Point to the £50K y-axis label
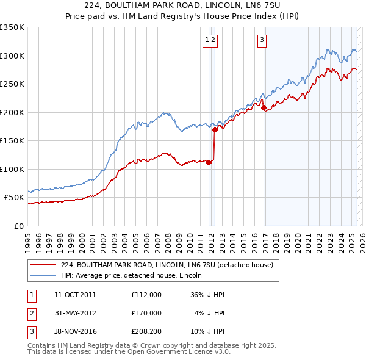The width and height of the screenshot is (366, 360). pyautogui.click(x=14, y=198)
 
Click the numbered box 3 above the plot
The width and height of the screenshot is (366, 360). pyautogui.click(x=262, y=41)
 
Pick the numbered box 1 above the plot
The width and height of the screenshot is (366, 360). pyautogui.click(x=207, y=41)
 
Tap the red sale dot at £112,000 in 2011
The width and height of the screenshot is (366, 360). pyautogui.click(x=209, y=162)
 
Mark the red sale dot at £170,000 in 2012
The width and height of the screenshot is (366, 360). pyautogui.click(x=215, y=129)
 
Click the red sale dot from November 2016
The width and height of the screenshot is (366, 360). pyautogui.click(x=264, y=108)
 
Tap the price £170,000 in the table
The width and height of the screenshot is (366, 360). pyautogui.click(x=146, y=313)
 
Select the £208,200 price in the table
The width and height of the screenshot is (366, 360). pyautogui.click(x=146, y=331)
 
